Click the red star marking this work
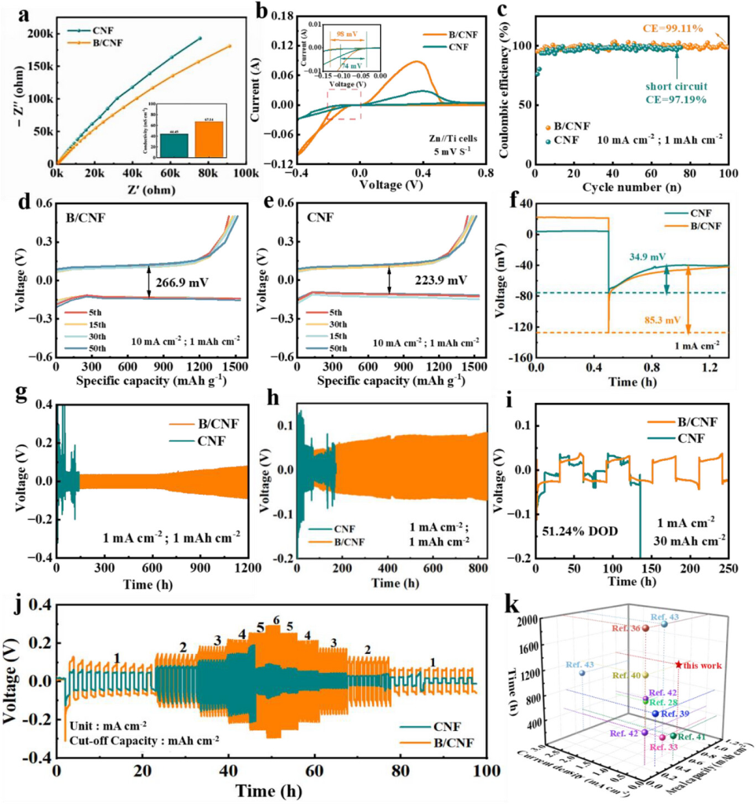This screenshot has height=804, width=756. click(679, 664)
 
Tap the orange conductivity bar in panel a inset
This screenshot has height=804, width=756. click(210, 139)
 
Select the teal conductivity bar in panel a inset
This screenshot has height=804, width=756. click(174, 145)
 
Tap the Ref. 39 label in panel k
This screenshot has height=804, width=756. click(675, 714)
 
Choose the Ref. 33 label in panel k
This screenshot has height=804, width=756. click(667, 747)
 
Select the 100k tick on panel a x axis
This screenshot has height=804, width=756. click(243, 171)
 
